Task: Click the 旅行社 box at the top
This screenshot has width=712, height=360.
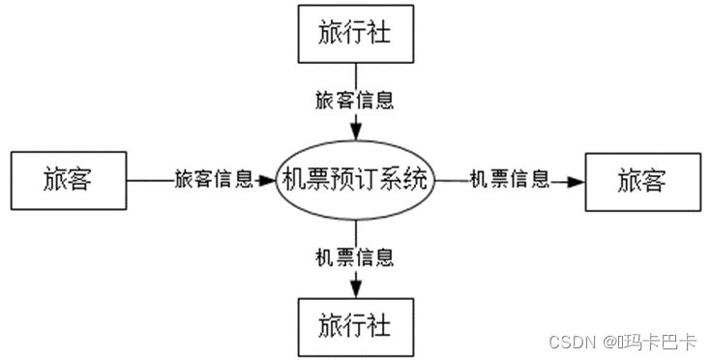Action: (x=355, y=33)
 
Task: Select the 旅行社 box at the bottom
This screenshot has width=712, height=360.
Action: (x=355, y=325)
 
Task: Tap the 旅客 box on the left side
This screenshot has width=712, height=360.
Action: (x=67, y=180)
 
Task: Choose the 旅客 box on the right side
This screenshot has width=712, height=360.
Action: (x=641, y=180)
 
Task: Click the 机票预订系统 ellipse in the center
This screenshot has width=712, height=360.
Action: (x=355, y=180)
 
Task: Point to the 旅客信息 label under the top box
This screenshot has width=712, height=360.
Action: (x=355, y=100)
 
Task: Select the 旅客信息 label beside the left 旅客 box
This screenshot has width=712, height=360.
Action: (x=214, y=179)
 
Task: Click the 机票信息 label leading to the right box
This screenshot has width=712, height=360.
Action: (x=509, y=179)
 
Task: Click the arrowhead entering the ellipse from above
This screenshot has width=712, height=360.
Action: (x=356, y=132)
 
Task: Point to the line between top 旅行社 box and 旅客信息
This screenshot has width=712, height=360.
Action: (x=356, y=75)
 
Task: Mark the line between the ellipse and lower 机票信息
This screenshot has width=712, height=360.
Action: (x=356, y=232)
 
